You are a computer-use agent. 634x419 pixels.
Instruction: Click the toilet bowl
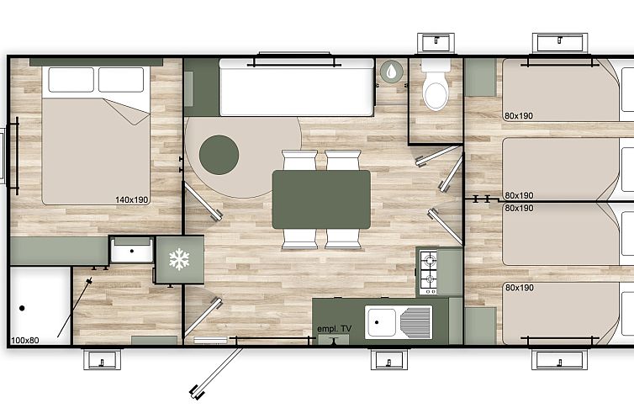[x=436, y=91]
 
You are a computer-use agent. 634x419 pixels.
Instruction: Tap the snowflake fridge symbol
[x=179, y=259]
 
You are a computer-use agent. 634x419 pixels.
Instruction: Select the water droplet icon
[x=391, y=72]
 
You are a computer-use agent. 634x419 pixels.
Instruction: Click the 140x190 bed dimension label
[x=132, y=199]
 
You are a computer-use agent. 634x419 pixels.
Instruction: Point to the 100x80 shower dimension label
[x=25, y=340]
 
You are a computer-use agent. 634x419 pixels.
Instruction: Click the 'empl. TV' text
[x=334, y=329]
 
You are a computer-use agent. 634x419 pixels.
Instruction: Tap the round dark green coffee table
[x=219, y=155]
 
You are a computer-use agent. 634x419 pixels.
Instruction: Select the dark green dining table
[x=321, y=199]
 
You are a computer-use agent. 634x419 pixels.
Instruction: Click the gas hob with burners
[x=429, y=273]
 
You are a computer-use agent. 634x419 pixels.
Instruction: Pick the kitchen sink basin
[x=380, y=322]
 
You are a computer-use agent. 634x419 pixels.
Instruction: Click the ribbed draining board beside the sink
[x=415, y=322]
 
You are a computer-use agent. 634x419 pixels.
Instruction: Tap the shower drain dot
[x=22, y=308]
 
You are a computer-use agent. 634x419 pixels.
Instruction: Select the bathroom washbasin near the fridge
[x=132, y=251]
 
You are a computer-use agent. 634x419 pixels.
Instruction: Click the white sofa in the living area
[x=296, y=88]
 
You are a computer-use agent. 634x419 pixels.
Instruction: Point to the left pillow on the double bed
[x=71, y=80]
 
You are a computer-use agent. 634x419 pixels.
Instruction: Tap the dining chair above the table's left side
[x=299, y=160]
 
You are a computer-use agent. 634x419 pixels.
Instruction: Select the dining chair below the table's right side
[x=343, y=239]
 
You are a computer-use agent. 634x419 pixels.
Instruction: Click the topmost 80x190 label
[x=519, y=116]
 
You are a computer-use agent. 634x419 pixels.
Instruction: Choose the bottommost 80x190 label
[x=520, y=288]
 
